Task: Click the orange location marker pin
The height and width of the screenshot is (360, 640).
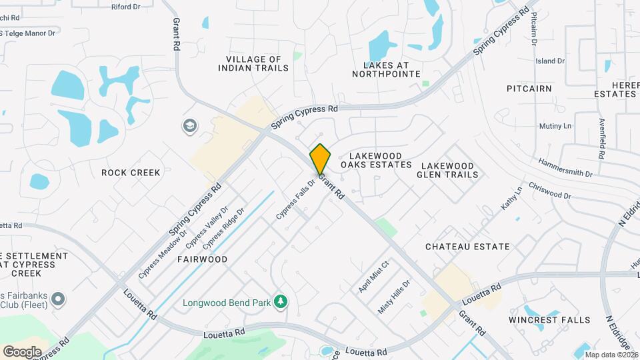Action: [320, 159]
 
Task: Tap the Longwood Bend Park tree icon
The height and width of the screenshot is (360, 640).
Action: [281, 302]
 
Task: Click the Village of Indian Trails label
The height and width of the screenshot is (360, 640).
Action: [253, 63]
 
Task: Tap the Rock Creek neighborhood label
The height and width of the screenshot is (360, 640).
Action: [131, 173]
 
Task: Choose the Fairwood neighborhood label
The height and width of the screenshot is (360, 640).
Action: [202, 259]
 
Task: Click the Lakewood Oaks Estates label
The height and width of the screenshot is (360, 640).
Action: [376, 159]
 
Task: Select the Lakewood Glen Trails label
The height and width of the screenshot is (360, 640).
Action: [447, 170]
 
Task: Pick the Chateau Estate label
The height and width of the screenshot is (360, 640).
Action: [468, 247]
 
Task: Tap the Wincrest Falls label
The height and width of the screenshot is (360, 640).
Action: [549, 320]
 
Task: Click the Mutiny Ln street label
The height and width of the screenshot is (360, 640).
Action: [555, 126]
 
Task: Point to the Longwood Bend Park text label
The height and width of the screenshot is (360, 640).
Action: [227, 303]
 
